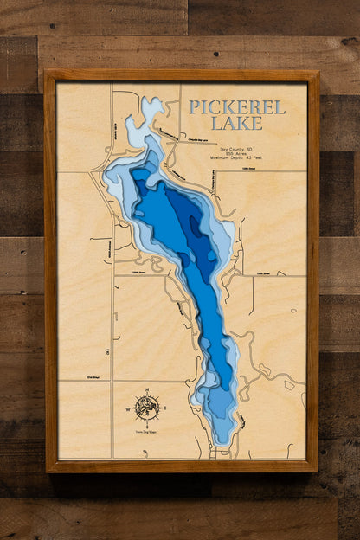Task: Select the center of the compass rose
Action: tap(147, 405)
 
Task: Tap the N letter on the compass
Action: tap(147, 390)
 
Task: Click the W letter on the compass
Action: tap(132, 405)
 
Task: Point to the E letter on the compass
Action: tap(163, 405)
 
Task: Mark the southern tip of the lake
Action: tap(222, 443)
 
